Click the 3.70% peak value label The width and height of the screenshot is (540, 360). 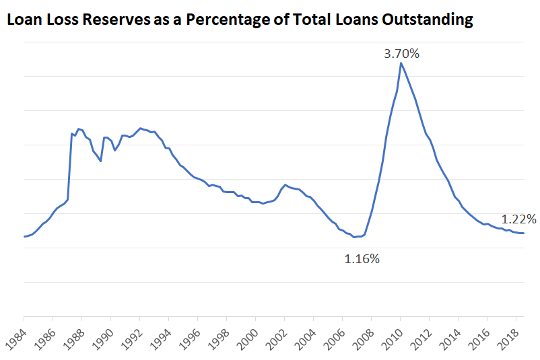click(401, 54)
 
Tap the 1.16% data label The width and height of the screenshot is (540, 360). click(362, 258)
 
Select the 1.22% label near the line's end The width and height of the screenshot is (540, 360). click(518, 219)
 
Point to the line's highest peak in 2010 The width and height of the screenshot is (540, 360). click(401, 63)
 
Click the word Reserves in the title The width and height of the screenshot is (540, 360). click(108, 20)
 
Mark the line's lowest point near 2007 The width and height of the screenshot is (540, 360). click(356, 237)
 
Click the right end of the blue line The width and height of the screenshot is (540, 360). click(524, 233)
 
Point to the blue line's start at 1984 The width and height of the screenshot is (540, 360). click(24, 236)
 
